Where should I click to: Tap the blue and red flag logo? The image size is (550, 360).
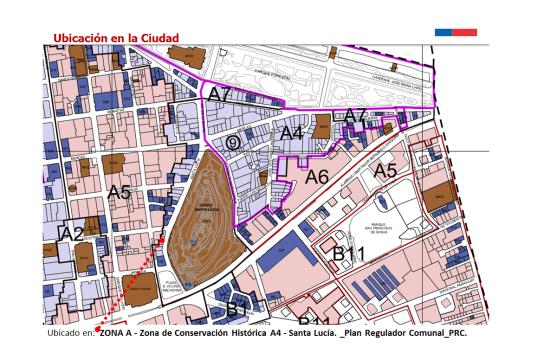pos(455,31)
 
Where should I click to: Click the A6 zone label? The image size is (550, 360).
pos(318,177)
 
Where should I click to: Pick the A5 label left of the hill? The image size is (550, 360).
pos(120,192)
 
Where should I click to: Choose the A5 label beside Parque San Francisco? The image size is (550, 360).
pos(385,171)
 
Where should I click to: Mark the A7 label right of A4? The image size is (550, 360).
pos(357,117)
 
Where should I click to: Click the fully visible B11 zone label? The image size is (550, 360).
pos(349,254)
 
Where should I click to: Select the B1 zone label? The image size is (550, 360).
pos(237,307)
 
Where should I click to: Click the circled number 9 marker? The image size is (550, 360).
pos(232,143)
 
